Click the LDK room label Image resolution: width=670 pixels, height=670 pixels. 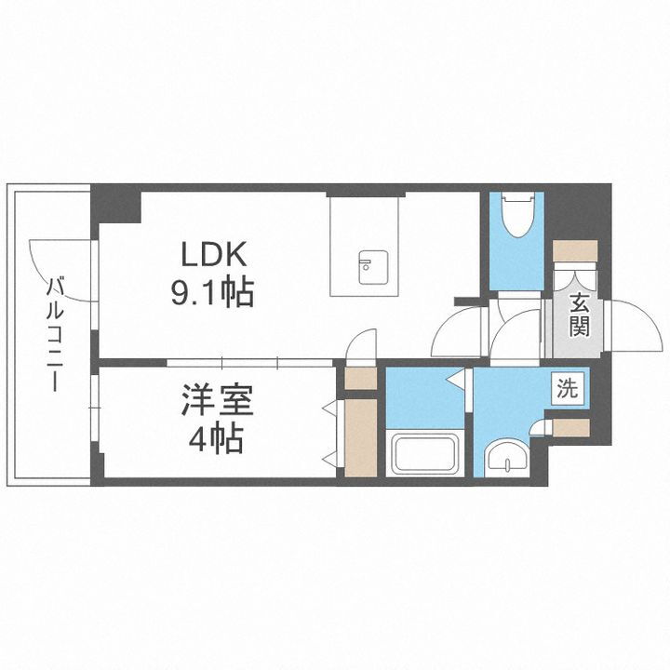(x=212, y=255)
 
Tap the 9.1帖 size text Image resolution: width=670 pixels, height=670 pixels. (x=212, y=295)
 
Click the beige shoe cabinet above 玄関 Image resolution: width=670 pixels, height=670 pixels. (x=574, y=252)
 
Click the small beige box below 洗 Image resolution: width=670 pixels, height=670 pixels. (x=570, y=428)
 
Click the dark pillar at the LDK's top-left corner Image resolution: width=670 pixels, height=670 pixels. (x=116, y=205)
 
